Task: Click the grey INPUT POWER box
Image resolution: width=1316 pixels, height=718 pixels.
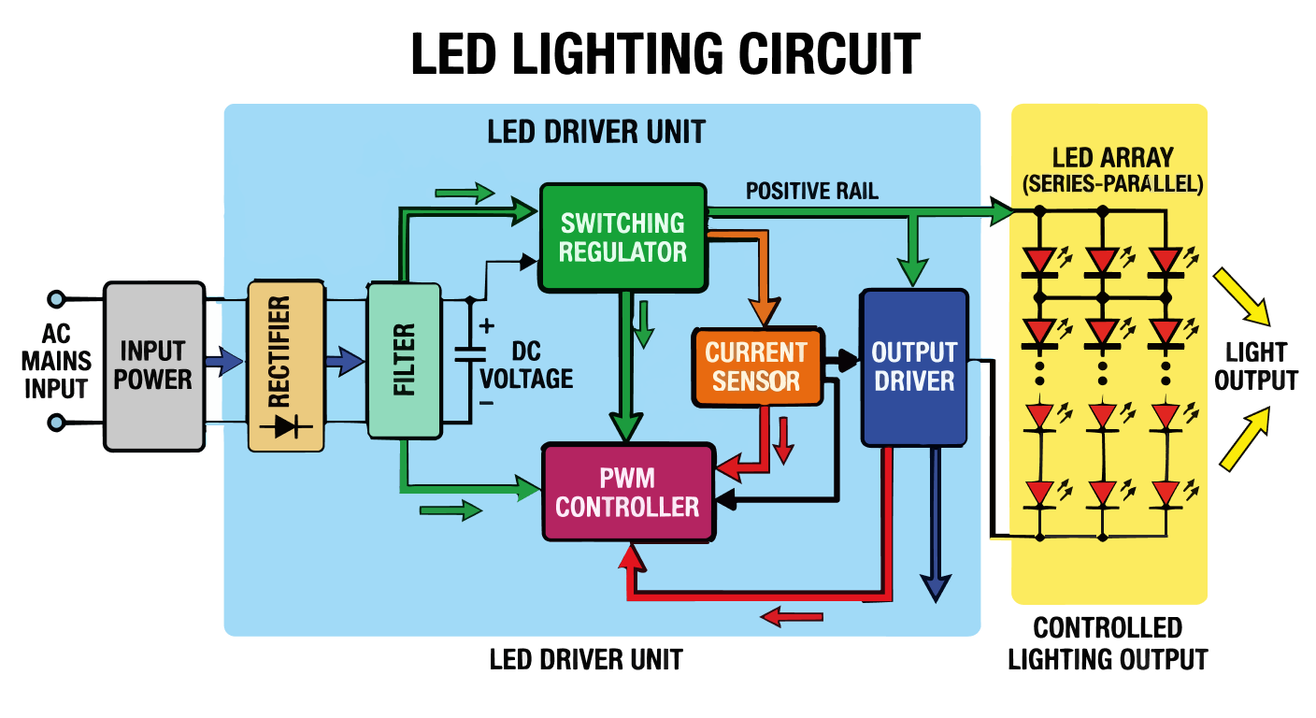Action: click(154, 366)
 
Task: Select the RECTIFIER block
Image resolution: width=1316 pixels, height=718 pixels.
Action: click(286, 366)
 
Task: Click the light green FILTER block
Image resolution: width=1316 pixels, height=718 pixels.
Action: click(404, 360)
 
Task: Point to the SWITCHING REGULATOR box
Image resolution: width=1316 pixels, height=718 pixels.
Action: click(622, 237)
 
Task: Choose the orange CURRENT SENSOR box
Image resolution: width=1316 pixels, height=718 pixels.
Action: click(757, 366)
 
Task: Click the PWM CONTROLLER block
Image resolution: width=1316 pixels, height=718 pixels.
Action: click(627, 493)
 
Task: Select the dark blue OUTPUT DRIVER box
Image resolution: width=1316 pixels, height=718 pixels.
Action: click(913, 366)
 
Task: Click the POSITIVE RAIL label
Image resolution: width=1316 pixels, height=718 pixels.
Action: click(811, 192)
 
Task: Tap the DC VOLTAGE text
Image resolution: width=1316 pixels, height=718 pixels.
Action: click(527, 366)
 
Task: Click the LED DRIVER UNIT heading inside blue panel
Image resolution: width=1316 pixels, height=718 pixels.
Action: click(596, 132)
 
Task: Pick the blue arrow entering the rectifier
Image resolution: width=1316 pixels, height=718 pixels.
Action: click(224, 361)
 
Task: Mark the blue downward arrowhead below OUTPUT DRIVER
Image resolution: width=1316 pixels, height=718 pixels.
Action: click(935, 586)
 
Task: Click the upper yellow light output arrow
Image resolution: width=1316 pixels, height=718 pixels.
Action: click(1243, 297)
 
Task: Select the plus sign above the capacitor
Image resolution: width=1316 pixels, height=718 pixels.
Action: click(486, 326)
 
